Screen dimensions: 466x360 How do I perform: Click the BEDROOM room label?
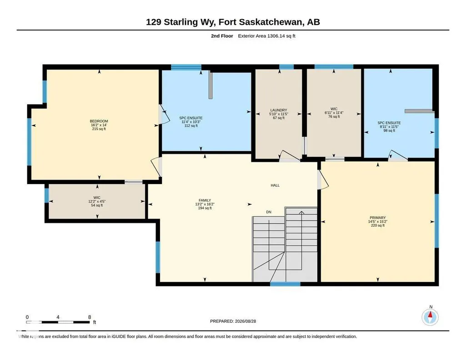[x=99, y=121]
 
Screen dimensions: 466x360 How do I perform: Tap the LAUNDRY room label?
[x=279, y=110]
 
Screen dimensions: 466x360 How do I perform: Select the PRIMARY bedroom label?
[x=378, y=218]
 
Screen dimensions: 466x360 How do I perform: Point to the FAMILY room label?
[x=205, y=200]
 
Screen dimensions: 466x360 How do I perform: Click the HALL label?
[x=275, y=185]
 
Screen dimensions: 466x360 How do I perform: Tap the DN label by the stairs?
[x=269, y=212]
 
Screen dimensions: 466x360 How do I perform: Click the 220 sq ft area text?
[x=378, y=225]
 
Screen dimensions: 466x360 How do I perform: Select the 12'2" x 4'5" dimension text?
[x=97, y=201]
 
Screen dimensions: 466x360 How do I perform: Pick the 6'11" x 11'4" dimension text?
[x=334, y=113]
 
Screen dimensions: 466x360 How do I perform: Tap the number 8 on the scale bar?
[x=90, y=317]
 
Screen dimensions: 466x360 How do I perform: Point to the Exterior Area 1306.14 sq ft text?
[x=266, y=36]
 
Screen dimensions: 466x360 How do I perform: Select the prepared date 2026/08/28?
[x=246, y=321]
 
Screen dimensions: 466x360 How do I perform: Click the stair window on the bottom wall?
[x=285, y=284]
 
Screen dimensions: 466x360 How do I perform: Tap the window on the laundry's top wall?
[x=286, y=67]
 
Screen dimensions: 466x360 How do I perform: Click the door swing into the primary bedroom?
[x=323, y=179]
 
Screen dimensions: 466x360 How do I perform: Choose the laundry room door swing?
[x=290, y=155]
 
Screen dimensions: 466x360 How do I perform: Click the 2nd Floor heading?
[x=222, y=36]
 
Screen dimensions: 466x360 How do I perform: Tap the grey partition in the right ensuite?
[x=419, y=111]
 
